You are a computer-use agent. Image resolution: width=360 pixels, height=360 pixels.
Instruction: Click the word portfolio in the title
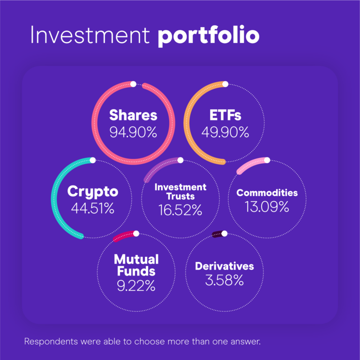209,36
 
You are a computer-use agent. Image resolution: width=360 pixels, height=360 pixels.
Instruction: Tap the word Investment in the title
90,35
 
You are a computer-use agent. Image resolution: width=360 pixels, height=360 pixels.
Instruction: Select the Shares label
133,115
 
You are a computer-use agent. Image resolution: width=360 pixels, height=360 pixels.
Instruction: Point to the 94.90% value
133,132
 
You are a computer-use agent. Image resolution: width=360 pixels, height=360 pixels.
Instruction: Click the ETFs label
225,115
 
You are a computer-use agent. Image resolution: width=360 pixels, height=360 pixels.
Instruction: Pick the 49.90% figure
225,132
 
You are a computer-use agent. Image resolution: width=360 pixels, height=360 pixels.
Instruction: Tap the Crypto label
93,192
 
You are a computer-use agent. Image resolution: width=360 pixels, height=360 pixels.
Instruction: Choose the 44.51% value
93,209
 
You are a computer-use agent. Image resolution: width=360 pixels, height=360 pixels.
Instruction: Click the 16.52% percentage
180,210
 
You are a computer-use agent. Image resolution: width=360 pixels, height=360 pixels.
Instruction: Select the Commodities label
267,193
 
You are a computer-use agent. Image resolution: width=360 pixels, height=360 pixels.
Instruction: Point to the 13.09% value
267,207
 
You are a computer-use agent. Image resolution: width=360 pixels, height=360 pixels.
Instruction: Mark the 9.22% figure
136,286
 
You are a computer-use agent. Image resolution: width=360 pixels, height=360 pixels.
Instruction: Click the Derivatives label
225,266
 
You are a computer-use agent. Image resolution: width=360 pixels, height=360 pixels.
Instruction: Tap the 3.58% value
225,280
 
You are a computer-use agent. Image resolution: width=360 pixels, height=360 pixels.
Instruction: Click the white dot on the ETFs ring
225,84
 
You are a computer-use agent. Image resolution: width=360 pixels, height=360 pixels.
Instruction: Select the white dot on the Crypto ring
93,160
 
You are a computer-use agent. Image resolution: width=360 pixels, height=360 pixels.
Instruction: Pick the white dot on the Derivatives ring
225,233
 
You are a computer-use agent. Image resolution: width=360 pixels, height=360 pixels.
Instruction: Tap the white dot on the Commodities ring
267,160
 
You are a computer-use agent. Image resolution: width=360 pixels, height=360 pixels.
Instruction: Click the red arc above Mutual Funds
124,236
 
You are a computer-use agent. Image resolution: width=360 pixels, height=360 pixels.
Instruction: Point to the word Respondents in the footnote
51,342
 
